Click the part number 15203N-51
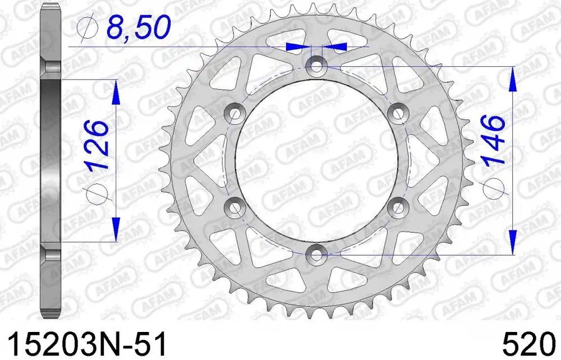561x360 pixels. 88,344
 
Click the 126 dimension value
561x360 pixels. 96,144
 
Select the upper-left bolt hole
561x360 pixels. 234,113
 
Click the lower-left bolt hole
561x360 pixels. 234,207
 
